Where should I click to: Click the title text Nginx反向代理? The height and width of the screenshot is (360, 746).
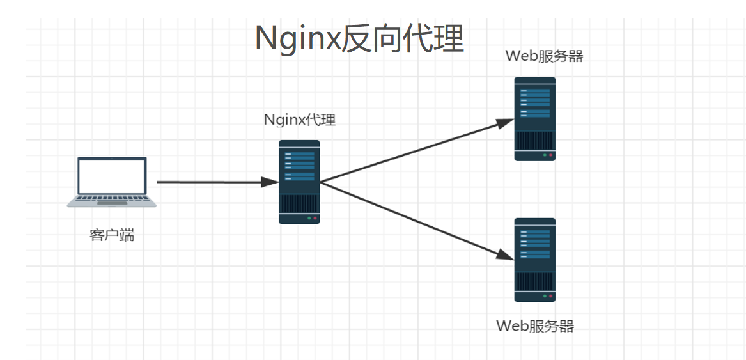click(x=359, y=38)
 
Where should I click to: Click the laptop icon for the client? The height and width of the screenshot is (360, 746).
click(x=112, y=182)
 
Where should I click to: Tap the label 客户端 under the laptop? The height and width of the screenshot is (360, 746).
click(x=112, y=235)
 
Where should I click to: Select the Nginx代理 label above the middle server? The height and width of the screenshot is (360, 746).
click(x=300, y=120)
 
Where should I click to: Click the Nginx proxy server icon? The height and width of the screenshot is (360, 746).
click(x=299, y=182)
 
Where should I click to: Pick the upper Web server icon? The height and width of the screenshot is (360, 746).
click(x=535, y=119)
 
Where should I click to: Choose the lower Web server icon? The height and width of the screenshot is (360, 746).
click(x=535, y=260)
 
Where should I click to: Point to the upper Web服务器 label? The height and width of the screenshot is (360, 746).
click(x=544, y=56)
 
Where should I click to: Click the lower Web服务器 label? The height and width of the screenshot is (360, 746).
click(x=535, y=326)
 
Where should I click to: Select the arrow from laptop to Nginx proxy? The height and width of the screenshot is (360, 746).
click(x=211, y=182)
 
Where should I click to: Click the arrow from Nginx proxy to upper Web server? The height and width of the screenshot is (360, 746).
click(x=416, y=152)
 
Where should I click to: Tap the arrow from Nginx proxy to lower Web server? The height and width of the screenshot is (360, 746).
click(x=416, y=220)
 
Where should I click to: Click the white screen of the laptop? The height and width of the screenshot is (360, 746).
click(x=112, y=176)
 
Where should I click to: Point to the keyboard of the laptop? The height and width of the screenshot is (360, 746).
click(x=112, y=200)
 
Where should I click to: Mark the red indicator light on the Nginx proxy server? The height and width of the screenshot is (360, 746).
click(x=315, y=219)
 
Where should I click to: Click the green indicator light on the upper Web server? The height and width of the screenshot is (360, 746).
click(x=545, y=155)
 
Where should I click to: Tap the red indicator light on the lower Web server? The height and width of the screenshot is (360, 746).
click(x=550, y=297)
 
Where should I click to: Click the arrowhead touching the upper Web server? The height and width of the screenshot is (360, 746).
click(x=506, y=123)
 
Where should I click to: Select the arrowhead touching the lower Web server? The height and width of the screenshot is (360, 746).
click(x=506, y=254)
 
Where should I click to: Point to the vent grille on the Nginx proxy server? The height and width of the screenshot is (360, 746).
click(x=299, y=203)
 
